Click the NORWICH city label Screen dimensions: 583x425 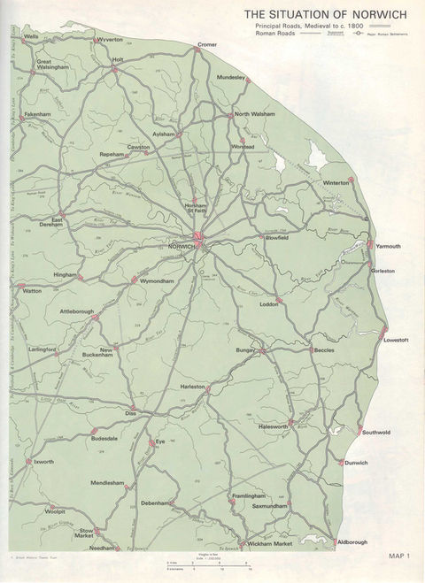click(181, 246)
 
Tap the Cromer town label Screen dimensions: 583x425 click(208, 43)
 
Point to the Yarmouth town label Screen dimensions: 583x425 click(389, 246)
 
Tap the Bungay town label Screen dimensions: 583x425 click(245, 351)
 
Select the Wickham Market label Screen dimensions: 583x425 click(271, 543)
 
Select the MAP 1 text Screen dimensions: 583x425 click(400, 555)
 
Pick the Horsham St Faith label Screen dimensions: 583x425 click(196, 209)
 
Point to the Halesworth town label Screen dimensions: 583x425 click(274, 426)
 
